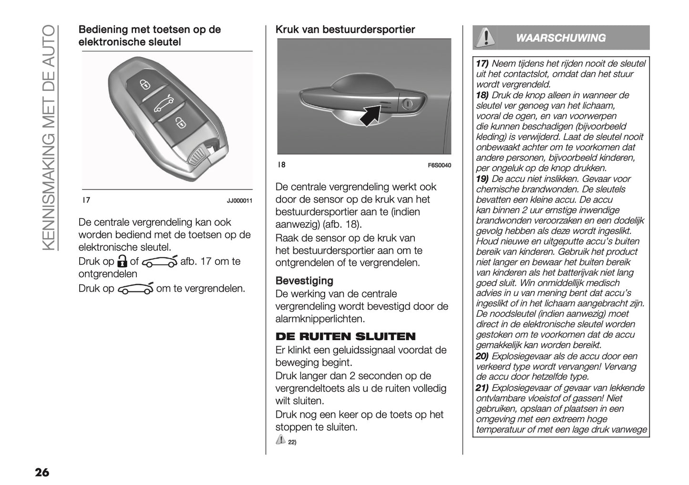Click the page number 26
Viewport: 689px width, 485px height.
41,472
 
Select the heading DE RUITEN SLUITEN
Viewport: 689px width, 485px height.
346,337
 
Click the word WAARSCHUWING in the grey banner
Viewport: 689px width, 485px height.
561,38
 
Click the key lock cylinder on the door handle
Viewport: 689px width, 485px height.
408,104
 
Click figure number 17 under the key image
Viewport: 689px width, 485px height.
86,201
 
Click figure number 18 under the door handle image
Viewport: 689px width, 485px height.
281,165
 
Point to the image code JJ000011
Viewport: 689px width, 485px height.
239,201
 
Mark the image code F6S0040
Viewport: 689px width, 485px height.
439,165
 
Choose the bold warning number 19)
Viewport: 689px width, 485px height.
482,179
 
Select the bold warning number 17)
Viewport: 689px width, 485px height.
482,64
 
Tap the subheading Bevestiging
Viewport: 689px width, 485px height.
304,281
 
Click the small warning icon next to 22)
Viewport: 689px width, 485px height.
280,440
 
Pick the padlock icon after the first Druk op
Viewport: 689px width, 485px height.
123,262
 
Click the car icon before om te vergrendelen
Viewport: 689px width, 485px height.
135,289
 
